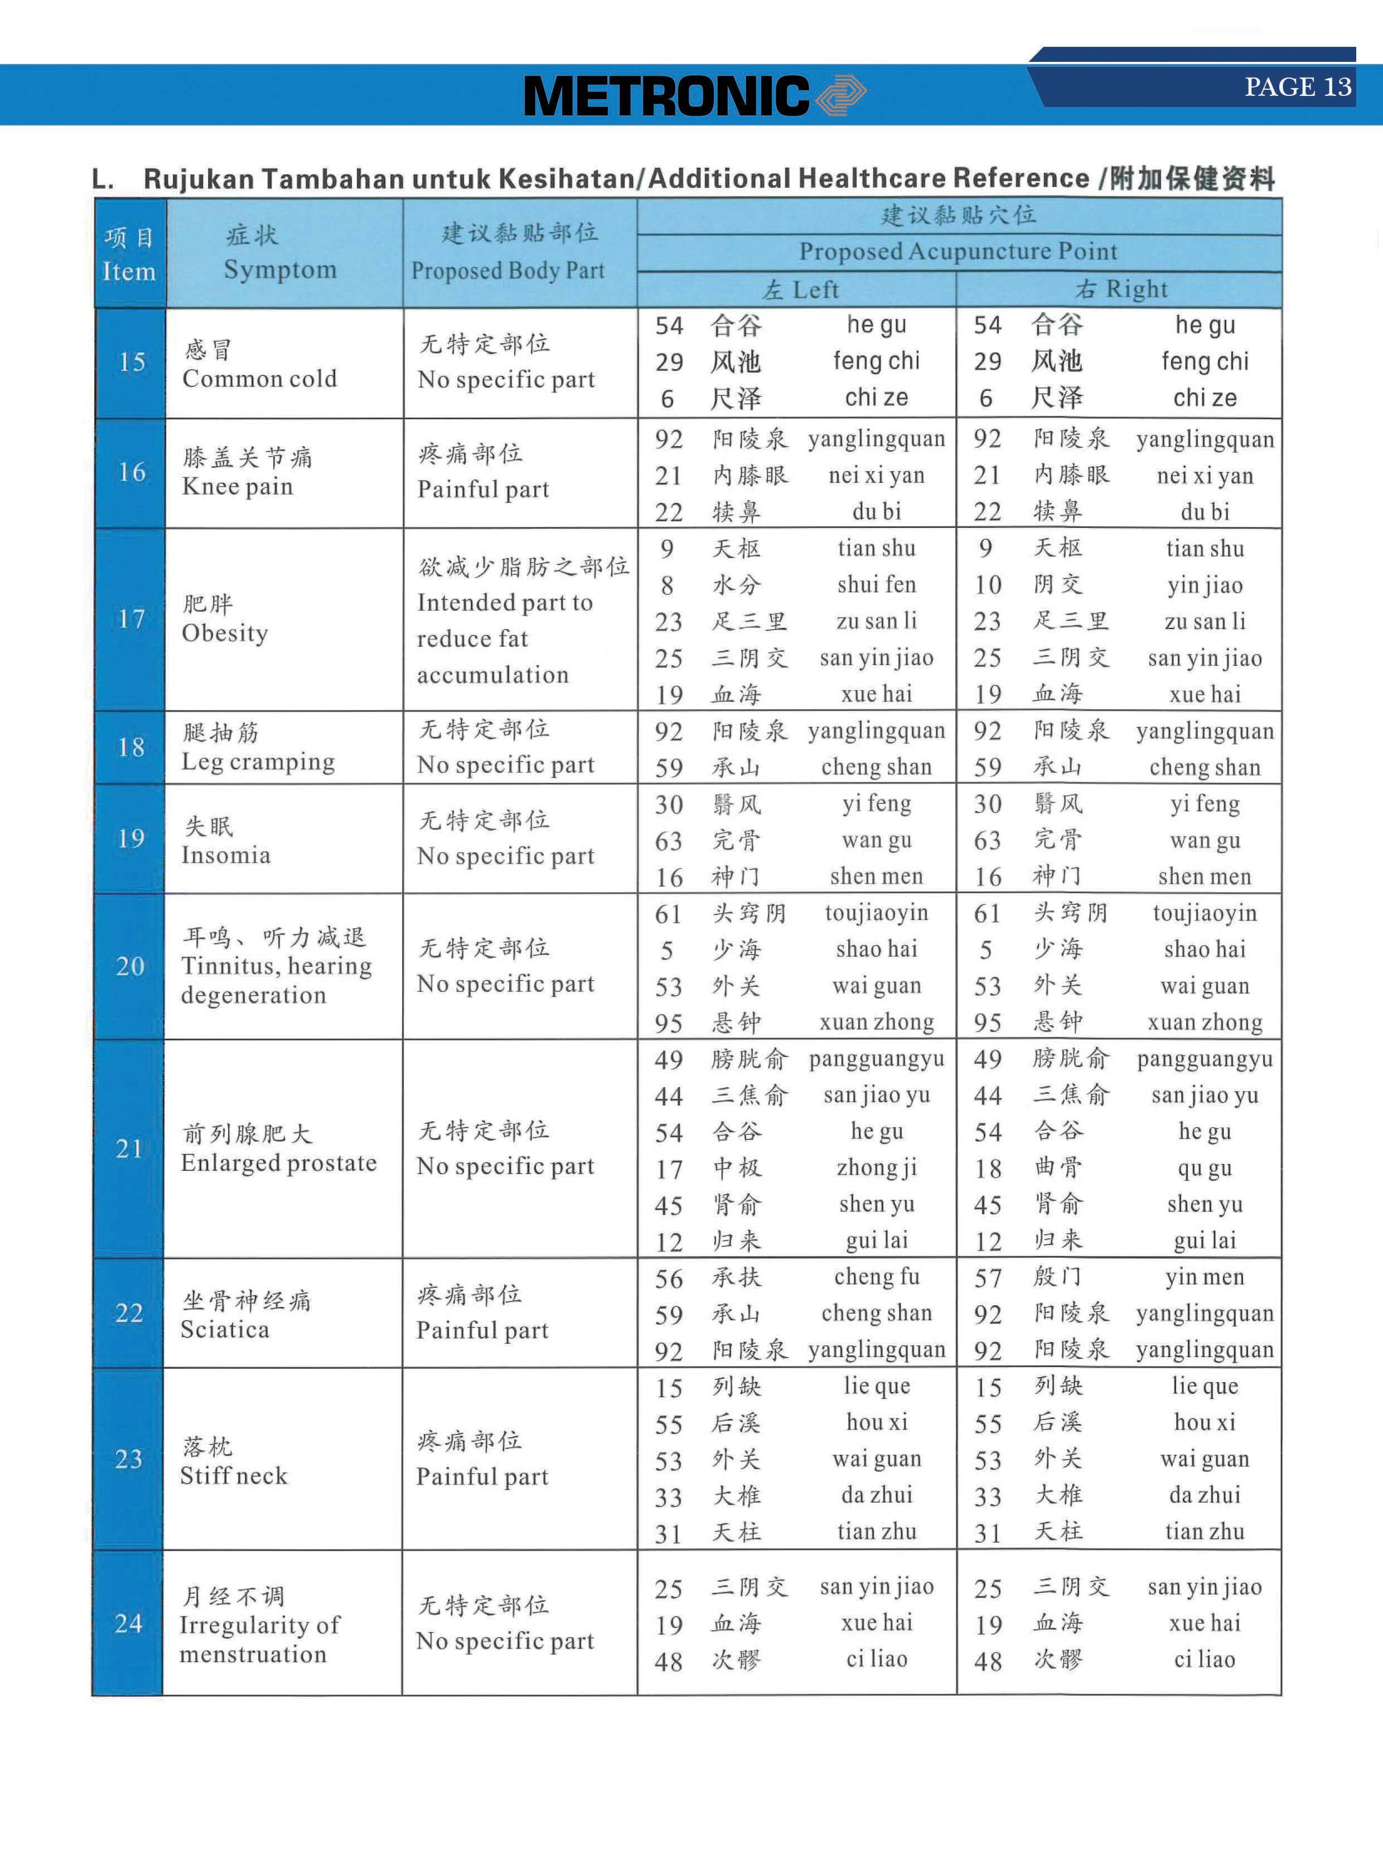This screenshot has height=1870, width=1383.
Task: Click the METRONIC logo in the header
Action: pyautogui.click(x=693, y=95)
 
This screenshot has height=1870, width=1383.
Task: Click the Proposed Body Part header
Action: pyautogui.click(x=507, y=270)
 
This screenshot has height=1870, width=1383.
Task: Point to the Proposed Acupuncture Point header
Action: pyautogui.click(x=958, y=251)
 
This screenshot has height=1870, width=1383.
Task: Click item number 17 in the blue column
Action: pyautogui.click(x=130, y=618)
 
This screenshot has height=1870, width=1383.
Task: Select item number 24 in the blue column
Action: pyautogui.click(x=129, y=1623)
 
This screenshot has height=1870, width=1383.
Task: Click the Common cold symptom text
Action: pyautogui.click(x=259, y=379)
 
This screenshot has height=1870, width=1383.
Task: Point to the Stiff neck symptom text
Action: pyautogui.click(x=234, y=1476)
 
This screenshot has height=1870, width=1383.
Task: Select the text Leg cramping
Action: pyautogui.click(x=258, y=762)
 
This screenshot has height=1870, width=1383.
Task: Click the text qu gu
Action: pyautogui.click(x=1204, y=1169)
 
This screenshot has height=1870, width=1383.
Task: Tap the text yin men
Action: pyautogui.click(x=1204, y=1277)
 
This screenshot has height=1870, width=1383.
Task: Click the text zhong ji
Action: pyautogui.click(x=877, y=1167)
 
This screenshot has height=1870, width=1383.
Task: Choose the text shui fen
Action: pyautogui.click(x=877, y=584)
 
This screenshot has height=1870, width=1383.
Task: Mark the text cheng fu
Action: pyautogui.click(x=877, y=1277)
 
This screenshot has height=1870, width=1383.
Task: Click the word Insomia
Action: pyautogui.click(x=225, y=855)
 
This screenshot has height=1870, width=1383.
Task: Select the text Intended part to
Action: pyautogui.click(x=505, y=603)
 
